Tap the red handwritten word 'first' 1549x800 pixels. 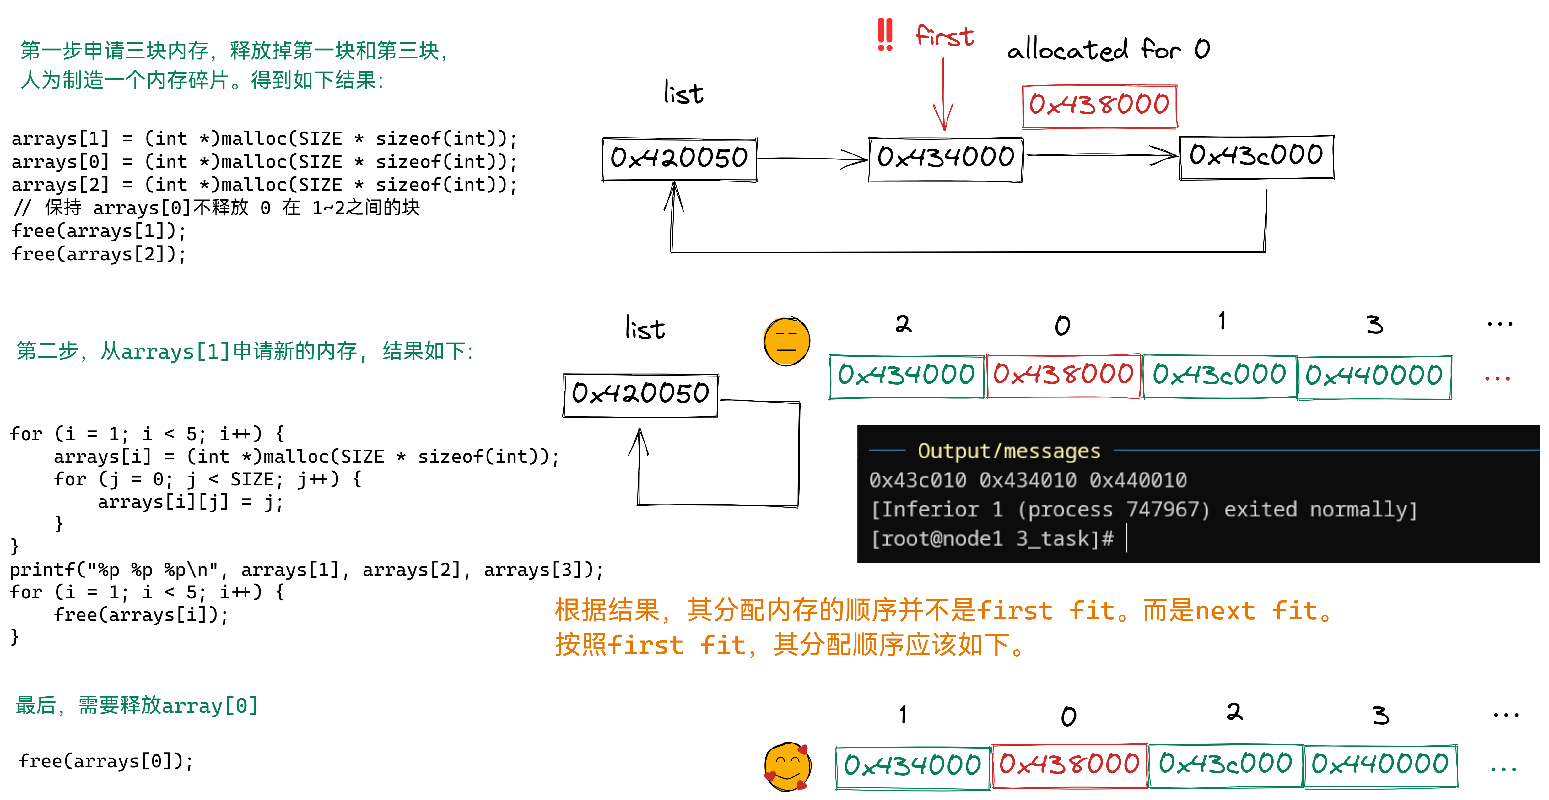(944, 36)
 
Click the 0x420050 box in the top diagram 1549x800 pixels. (679, 159)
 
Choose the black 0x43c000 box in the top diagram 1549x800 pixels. (1256, 156)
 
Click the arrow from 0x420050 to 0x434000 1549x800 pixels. (812, 159)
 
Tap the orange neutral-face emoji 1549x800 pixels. (786, 340)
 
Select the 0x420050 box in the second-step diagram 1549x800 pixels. (640, 395)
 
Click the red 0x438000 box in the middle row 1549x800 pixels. (1063, 375)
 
